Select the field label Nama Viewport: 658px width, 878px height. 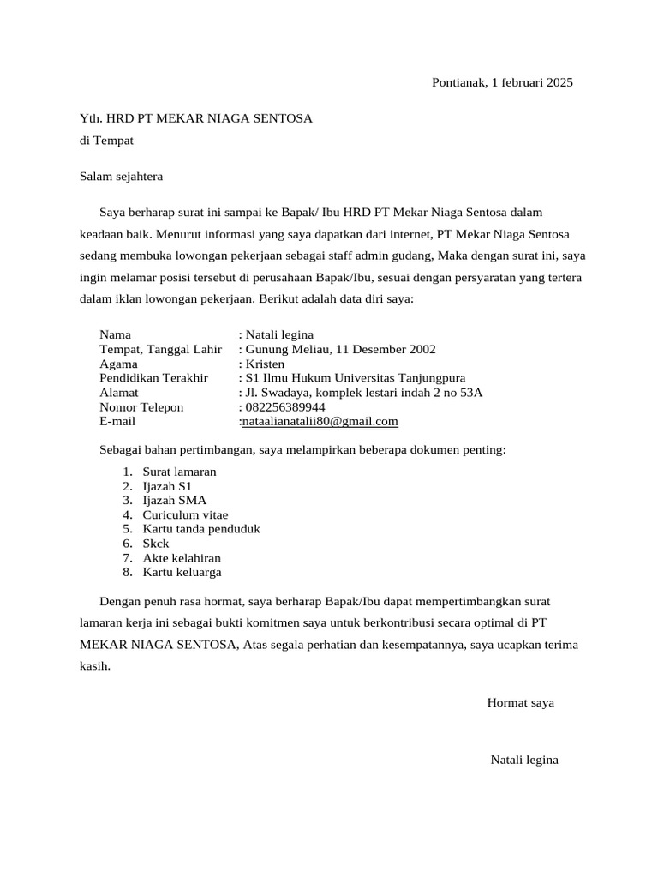(x=116, y=334)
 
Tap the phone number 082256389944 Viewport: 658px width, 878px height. (x=285, y=407)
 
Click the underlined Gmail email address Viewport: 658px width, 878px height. (x=320, y=422)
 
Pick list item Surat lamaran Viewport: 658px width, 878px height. (x=179, y=472)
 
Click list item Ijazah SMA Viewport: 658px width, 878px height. (x=174, y=500)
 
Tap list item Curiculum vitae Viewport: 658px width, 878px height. (x=185, y=514)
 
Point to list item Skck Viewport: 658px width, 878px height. (x=156, y=544)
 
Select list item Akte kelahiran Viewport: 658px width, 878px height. (x=182, y=557)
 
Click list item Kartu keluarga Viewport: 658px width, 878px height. (x=182, y=572)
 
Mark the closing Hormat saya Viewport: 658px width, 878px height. (x=520, y=702)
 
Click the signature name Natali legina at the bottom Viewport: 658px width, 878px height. (x=524, y=760)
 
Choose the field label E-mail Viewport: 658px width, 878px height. (x=117, y=422)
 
